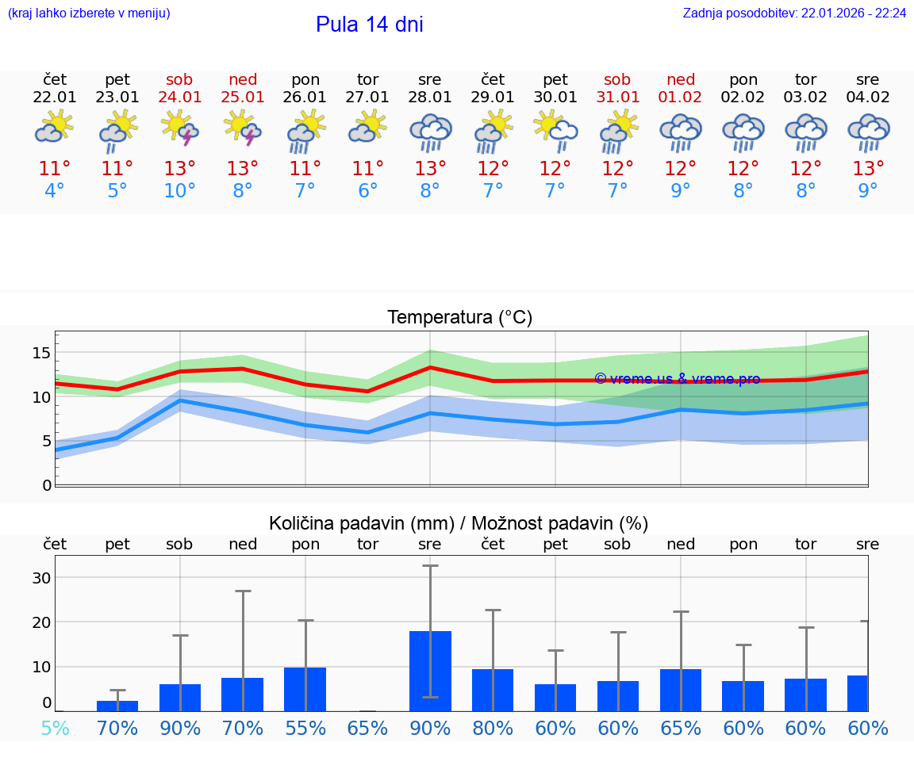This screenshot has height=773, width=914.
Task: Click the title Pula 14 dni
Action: pyautogui.click(x=369, y=25)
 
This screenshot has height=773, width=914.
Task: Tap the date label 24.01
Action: pyautogui.click(x=180, y=98)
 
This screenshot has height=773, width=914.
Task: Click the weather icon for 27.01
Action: pyautogui.click(x=367, y=127)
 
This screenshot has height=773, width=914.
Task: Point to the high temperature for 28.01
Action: pyautogui.click(x=430, y=169)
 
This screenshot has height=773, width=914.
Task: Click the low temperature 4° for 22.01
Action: pyautogui.click(x=55, y=191)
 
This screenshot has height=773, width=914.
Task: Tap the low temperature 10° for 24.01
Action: pyautogui.click(x=180, y=191)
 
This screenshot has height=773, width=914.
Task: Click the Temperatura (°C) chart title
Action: pyautogui.click(x=459, y=318)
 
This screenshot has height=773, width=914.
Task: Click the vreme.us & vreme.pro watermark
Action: pyautogui.click(x=677, y=379)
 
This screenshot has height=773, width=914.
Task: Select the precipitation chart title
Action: pyautogui.click(x=459, y=523)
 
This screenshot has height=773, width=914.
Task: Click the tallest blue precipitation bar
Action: pyautogui.click(x=430, y=671)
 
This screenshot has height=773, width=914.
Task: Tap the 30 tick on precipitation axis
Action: pyautogui.click(x=42, y=578)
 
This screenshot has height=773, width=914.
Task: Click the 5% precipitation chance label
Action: pyautogui.click(x=55, y=728)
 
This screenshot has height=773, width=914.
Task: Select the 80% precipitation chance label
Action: pyautogui.click(x=493, y=728)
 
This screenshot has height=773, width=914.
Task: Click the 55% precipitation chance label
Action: pyautogui.click(x=305, y=728)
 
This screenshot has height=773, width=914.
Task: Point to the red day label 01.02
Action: pyautogui.click(x=680, y=98)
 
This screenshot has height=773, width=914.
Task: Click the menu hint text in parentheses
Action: pyautogui.click(x=88, y=13)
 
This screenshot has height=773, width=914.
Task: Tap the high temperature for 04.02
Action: pyautogui.click(x=868, y=169)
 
